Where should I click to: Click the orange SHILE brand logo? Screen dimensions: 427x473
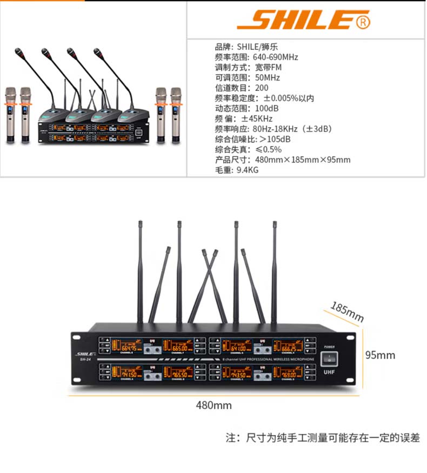pyautogui.click(x=303, y=20)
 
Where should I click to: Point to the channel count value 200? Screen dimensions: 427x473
pyautogui.click(x=261, y=88)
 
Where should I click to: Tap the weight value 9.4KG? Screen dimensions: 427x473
pyautogui.click(x=248, y=170)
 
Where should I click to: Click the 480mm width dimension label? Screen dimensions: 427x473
pyautogui.click(x=213, y=405)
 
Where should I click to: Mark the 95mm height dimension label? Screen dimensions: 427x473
pyautogui.click(x=380, y=355)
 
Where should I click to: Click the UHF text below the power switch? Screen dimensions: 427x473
pyautogui.click(x=329, y=373)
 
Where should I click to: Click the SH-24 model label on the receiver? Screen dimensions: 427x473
pyautogui.click(x=85, y=360)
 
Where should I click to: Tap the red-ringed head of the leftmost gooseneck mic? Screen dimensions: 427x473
pyautogui.click(x=21, y=52)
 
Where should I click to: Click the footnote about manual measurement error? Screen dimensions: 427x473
pyautogui.click(x=323, y=437)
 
